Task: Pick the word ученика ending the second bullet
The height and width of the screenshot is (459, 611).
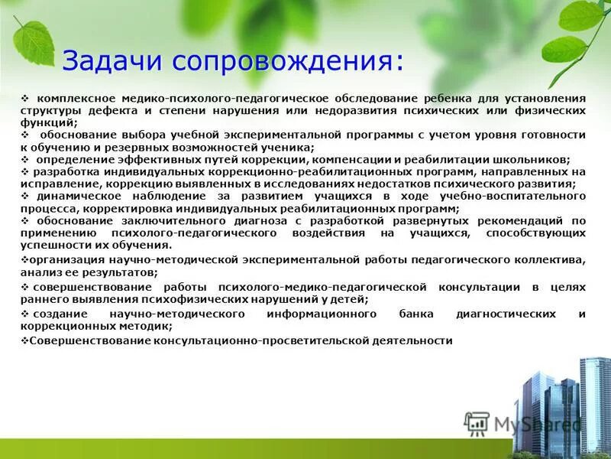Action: (x=285, y=147)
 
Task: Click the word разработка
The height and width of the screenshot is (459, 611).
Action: (x=66, y=171)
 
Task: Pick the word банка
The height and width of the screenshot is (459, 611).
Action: (x=416, y=314)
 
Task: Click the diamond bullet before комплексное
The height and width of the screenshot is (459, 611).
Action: (x=25, y=99)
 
